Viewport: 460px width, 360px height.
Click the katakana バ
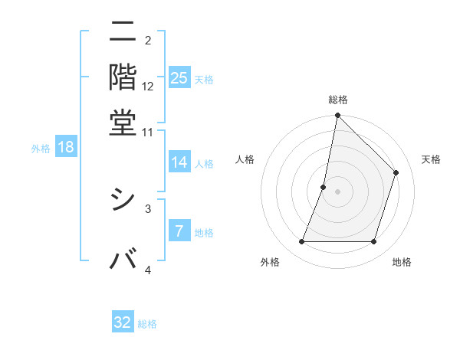pos(123,259)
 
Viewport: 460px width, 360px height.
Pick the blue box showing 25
pos(179,77)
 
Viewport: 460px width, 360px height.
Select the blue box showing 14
pos(179,162)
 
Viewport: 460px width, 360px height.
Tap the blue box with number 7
pos(179,232)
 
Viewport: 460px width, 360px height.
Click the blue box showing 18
pos(66,147)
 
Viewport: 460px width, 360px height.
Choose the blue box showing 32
pos(123,322)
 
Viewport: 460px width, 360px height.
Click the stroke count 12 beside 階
pos(148,87)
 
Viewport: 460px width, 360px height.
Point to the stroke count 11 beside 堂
pos(147,132)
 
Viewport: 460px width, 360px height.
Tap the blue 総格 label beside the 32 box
pos(147,324)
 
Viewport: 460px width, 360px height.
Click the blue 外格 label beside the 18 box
pos(41,149)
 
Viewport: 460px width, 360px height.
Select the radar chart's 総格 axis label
pos(337,100)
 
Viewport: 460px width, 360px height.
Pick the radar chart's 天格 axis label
pos(431,160)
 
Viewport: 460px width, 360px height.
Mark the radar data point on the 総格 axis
pos(337,116)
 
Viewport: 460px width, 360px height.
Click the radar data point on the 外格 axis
pos(301,242)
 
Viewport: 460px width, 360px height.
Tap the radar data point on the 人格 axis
pos(324,187)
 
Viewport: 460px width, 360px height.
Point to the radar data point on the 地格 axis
pos(373,242)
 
